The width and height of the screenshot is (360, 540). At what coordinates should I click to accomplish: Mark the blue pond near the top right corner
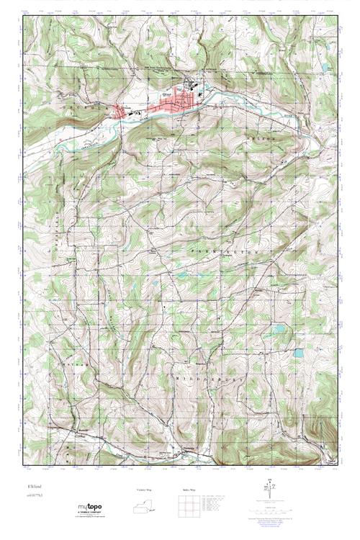click(325, 67)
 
